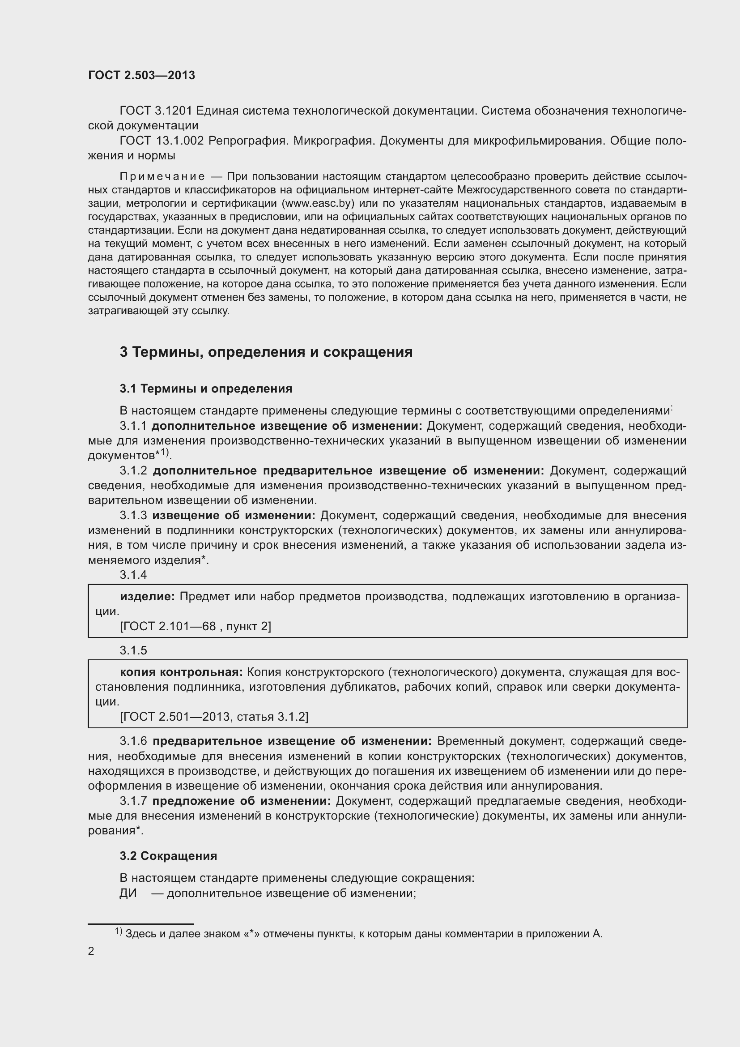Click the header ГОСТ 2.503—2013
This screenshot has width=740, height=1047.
point(141,75)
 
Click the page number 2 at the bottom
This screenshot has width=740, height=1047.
point(91,951)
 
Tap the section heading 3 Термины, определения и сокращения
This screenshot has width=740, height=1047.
point(266,352)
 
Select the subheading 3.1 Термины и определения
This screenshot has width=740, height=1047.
point(206,389)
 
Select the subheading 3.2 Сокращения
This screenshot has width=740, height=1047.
point(168,856)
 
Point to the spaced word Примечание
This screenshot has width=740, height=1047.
point(162,176)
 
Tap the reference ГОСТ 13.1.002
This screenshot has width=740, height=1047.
point(162,141)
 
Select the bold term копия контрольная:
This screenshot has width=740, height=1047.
point(181,672)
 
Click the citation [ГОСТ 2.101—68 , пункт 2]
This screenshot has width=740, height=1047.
point(195,627)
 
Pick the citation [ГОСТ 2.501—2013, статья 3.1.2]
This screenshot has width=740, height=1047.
point(214,717)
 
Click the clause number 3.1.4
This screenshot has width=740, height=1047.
point(133,575)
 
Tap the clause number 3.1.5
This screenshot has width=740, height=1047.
point(133,651)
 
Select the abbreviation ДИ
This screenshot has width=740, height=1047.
point(128,893)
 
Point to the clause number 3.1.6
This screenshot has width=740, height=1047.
point(133,741)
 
